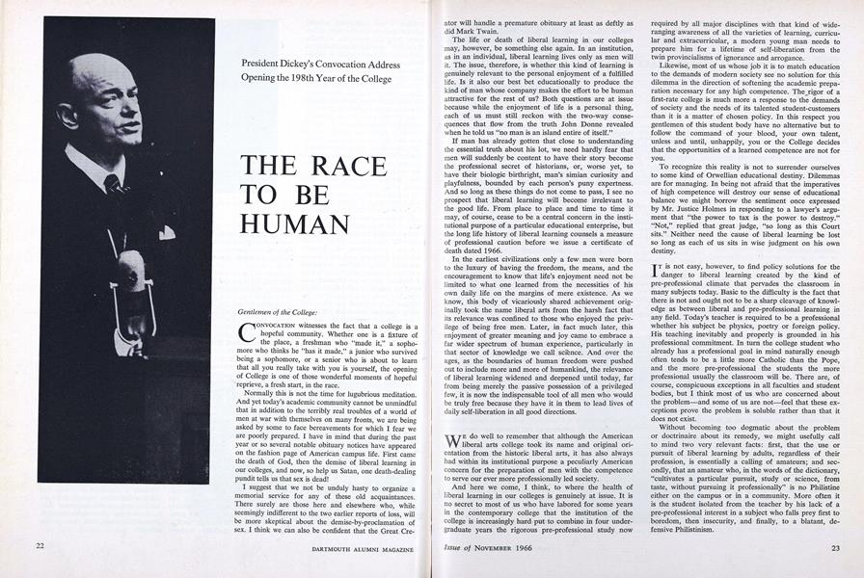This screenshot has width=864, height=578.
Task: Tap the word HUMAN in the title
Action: (x=295, y=225)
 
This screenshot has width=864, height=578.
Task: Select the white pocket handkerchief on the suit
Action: (x=165, y=231)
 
